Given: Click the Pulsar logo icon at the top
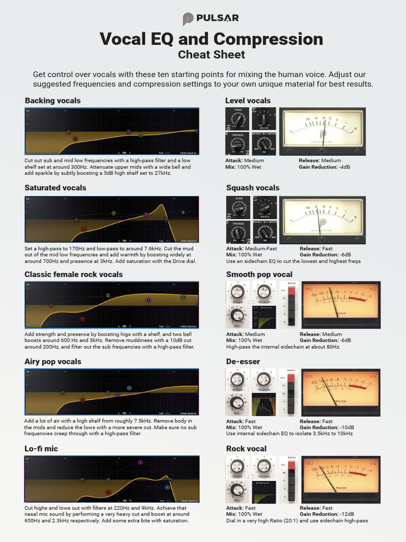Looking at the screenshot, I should (x=188, y=19).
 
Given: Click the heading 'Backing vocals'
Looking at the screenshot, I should (x=52, y=101).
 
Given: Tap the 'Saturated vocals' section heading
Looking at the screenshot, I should (x=55, y=187).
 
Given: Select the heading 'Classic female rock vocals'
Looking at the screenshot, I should (x=73, y=274).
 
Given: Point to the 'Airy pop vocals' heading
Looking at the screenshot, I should (x=53, y=362).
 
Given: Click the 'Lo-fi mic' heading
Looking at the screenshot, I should (x=41, y=448).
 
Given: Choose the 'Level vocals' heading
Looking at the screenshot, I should (x=247, y=101).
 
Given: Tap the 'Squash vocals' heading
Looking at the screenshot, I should (x=253, y=187).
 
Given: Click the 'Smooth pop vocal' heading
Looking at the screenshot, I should (x=259, y=274).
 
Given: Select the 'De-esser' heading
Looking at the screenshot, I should (x=243, y=362).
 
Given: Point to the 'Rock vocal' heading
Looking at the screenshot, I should (x=246, y=448).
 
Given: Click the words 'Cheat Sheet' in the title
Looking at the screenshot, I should (x=211, y=55).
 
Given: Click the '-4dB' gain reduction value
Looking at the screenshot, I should (x=342, y=167).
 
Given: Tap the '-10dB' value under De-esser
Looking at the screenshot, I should (x=344, y=427).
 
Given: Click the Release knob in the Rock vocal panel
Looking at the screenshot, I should (x=264, y=466).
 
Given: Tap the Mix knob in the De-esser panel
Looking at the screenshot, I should (x=237, y=403).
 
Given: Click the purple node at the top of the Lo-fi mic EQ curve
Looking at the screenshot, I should (x=140, y=463).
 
